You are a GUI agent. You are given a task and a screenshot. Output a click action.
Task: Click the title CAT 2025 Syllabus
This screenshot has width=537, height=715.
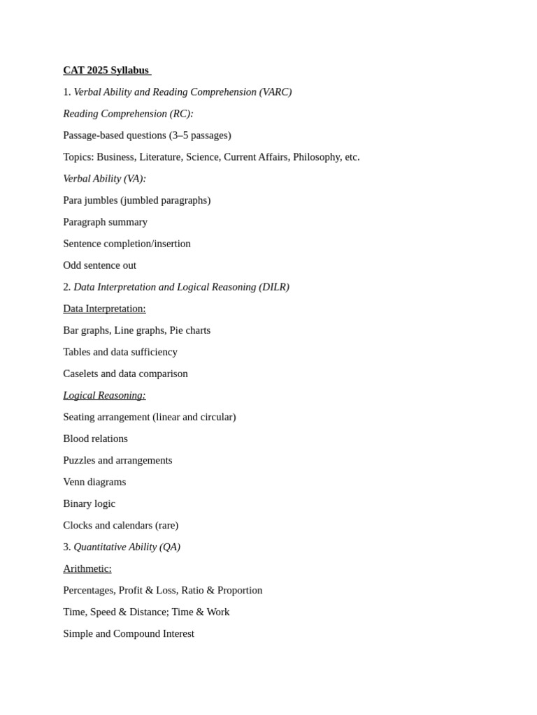click(x=106, y=71)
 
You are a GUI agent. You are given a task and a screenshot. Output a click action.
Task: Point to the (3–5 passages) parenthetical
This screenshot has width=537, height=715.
click(x=200, y=135)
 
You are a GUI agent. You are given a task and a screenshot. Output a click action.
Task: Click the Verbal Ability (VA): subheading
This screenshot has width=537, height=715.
click(x=104, y=179)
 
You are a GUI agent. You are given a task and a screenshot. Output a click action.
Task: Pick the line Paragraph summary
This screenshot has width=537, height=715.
click(x=105, y=222)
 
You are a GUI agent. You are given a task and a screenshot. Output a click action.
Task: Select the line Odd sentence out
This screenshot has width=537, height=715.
click(x=99, y=265)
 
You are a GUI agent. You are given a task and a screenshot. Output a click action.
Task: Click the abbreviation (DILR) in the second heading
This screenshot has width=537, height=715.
click(x=274, y=287)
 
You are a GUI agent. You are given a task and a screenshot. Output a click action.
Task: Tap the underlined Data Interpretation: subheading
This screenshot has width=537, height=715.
click(x=104, y=309)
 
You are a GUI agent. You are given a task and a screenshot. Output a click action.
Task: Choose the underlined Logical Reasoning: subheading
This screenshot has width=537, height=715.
click(x=104, y=395)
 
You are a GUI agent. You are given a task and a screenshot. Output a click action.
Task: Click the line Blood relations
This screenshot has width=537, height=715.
click(x=95, y=438)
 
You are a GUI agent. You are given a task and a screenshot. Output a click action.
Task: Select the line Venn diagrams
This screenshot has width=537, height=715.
click(x=94, y=482)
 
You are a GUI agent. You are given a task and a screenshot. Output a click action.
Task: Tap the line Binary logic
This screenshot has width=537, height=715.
click(x=89, y=503)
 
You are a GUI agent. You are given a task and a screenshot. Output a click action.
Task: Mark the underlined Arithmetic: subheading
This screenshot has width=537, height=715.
click(x=87, y=568)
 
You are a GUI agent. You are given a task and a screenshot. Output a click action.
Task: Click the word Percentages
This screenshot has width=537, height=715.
click(x=88, y=590)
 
